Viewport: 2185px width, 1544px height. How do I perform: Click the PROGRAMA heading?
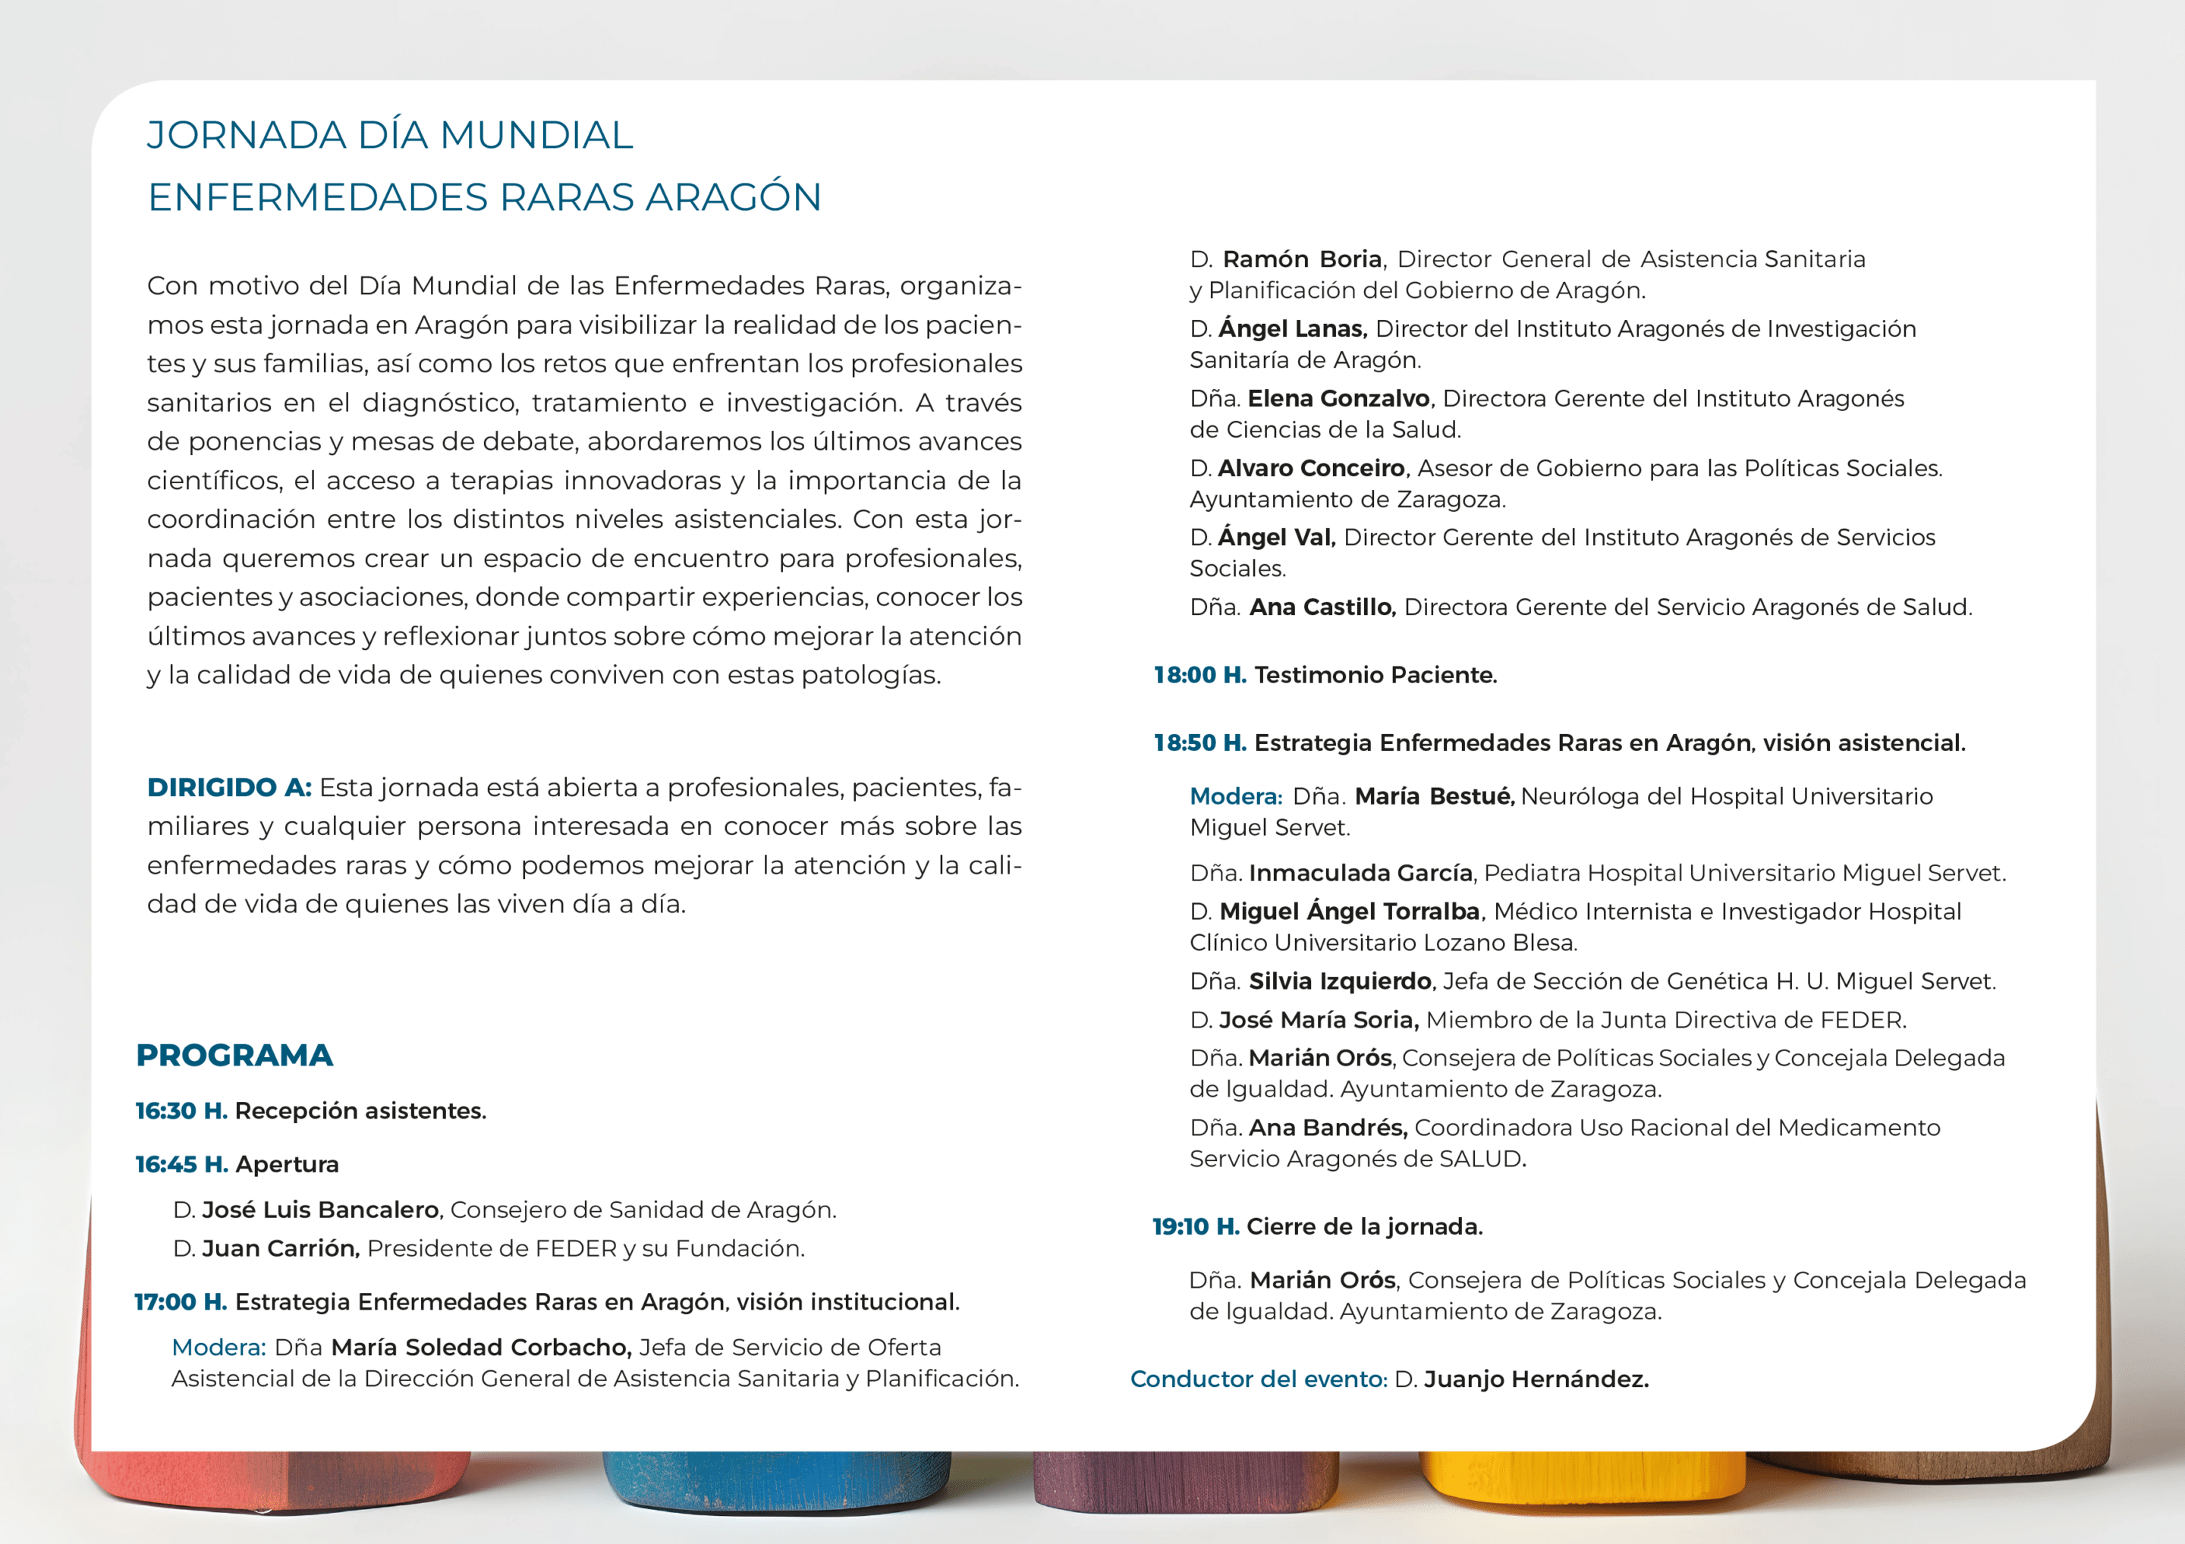click(x=234, y=1055)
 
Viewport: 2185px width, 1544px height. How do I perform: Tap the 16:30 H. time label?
click(x=181, y=1111)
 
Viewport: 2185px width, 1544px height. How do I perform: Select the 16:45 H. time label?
click(x=181, y=1164)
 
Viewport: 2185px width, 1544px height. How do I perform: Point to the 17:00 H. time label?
click(x=181, y=1302)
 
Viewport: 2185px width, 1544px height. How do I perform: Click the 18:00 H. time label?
click(x=1199, y=676)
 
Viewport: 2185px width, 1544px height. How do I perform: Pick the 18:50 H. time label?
click(x=1199, y=743)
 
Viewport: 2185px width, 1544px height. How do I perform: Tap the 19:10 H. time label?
click(x=1195, y=1227)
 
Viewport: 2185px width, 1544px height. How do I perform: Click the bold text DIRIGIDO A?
click(x=229, y=788)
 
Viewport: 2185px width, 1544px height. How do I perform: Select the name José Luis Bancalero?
click(x=321, y=1210)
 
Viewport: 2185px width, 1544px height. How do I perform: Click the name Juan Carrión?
click(x=281, y=1249)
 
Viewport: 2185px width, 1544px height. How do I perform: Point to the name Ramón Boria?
click(x=1302, y=259)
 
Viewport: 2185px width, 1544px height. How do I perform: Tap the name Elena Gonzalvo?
click(x=1339, y=399)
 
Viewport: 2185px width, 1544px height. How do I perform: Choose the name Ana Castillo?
click(x=1322, y=607)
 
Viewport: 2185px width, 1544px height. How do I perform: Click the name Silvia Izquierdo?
click(x=1340, y=982)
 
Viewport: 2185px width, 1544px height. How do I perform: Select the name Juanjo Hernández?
click(x=1536, y=1379)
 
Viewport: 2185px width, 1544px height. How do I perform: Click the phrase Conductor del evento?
click(x=1258, y=1379)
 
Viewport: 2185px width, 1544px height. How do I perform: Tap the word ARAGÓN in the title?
click(x=733, y=197)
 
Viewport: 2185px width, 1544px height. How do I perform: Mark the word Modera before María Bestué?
click(x=1235, y=796)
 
